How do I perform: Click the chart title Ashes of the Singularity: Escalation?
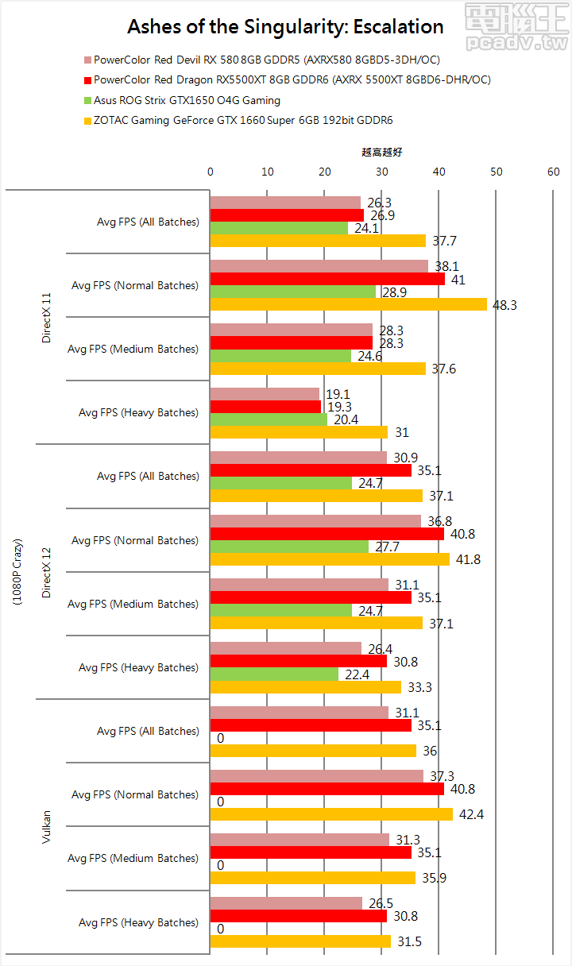285,27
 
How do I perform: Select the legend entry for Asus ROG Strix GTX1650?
187,101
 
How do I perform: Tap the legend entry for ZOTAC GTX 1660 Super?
243,121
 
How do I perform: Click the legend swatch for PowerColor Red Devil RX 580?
87,60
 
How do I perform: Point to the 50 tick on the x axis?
496,172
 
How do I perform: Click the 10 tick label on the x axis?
267,172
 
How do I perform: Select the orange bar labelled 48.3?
348,304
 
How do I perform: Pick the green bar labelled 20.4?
269,419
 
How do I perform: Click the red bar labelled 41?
327,279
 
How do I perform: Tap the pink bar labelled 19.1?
265,394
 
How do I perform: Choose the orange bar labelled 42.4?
331,814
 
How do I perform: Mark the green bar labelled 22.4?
274,674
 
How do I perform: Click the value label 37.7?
444,241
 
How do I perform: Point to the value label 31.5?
408,942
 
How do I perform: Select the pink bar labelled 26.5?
286,903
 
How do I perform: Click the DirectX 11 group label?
46,317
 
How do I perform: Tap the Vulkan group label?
46,827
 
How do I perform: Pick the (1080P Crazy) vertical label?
17,572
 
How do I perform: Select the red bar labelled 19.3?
265,407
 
